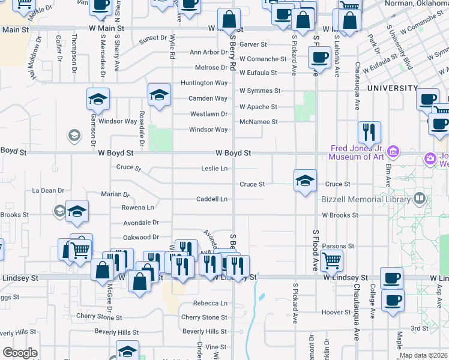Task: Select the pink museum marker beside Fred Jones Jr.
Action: (394, 149)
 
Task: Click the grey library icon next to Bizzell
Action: (420, 197)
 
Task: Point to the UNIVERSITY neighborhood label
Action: (392, 88)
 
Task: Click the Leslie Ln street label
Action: (214, 169)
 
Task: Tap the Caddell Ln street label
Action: (212, 199)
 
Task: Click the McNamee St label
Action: (258, 122)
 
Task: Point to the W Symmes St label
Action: (259, 91)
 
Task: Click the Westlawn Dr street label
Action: (209, 114)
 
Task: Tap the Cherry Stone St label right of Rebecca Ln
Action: (204, 317)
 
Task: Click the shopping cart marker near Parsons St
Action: (331, 260)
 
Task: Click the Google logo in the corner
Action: (20, 353)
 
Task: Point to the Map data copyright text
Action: (423, 355)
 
